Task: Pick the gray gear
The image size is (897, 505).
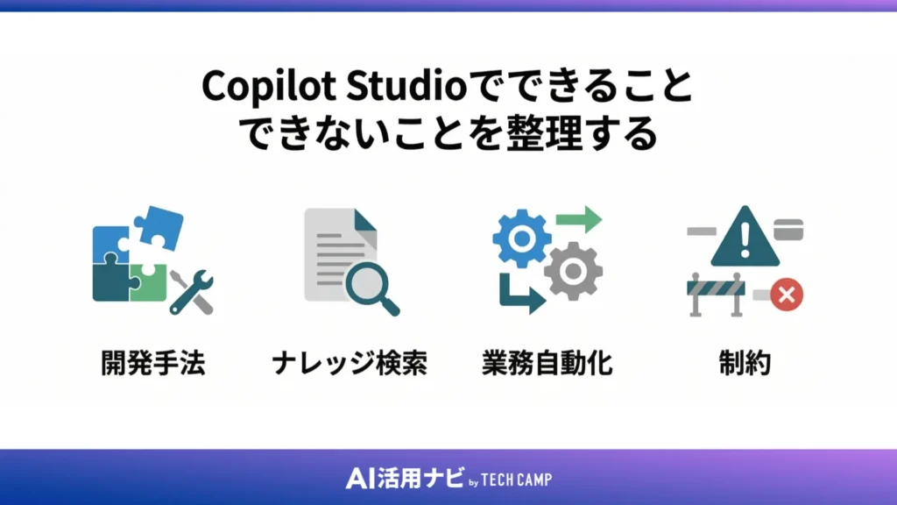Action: tap(572, 271)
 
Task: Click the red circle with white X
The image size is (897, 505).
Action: tap(787, 295)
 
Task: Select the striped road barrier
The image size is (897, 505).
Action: tap(717, 294)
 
